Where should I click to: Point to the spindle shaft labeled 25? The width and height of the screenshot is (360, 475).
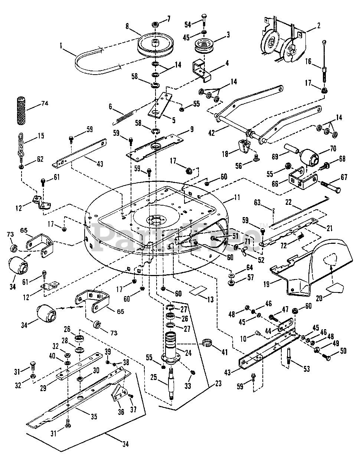click(x=171, y=384)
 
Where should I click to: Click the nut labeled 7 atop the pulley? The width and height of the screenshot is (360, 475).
click(x=155, y=24)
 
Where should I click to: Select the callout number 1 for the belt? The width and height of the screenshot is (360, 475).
click(x=61, y=47)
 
